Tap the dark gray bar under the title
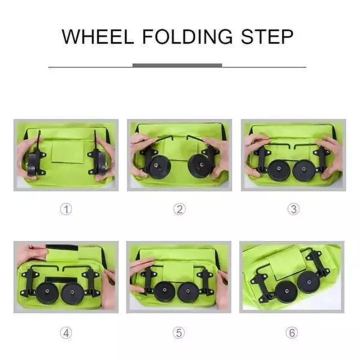click(x=177, y=65)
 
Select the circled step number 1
click(x=66, y=209)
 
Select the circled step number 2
click(x=179, y=209)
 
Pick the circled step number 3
click(x=293, y=209)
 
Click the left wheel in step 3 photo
click(x=277, y=170)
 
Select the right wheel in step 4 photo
click(x=73, y=291)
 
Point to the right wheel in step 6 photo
click(x=309, y=281)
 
